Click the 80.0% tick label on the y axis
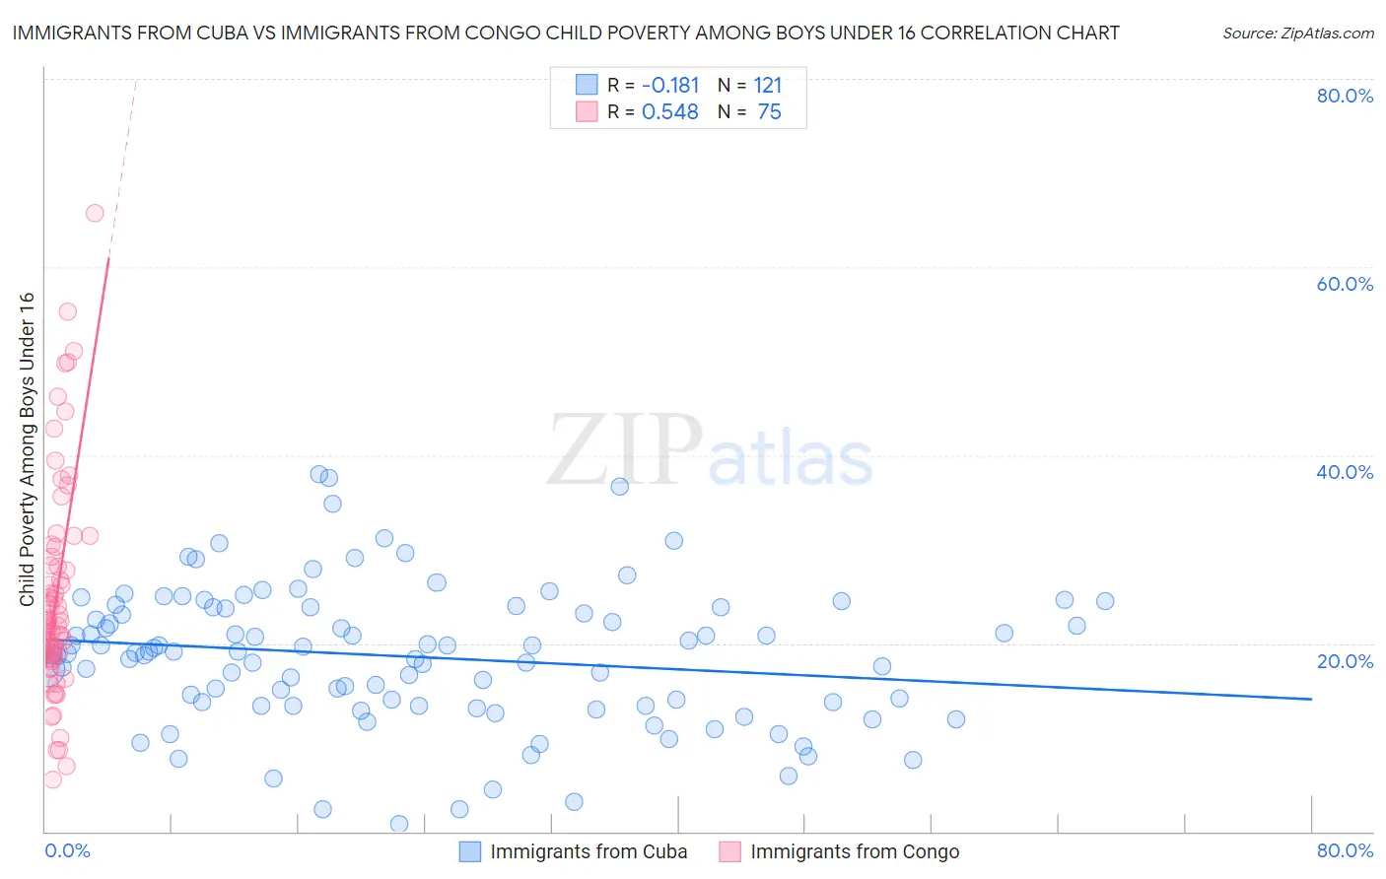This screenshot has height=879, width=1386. pyautogui.click(x=1345, y=96)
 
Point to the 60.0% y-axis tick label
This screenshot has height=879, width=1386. pyautogui.click(x=1345, y=284)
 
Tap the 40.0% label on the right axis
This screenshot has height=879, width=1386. pyautogui.click(x=1345, y=472)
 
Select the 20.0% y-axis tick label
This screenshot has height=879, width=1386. pyautogui.click(x=1345, y=660)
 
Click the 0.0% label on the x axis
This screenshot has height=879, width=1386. pyautogui.click(x=67, y=850)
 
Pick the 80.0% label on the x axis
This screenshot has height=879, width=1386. pyautogui.click(x=1345, y=850)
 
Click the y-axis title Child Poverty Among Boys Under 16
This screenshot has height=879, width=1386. pyautogui.click(x=27, y=449)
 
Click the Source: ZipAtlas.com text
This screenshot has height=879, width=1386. pyautogui.click(x=1297, y=33)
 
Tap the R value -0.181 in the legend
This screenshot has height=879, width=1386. pyautogui.click(x=670, y=86)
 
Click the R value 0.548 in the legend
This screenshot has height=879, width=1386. pyautogui.click(x=670, y=112)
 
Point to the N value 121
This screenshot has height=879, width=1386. pyautogui.click(x=768, y=86)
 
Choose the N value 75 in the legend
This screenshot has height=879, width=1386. pyautogui.click(x=769, y=112)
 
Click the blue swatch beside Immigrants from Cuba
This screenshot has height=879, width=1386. pyautogui.click(x=470, y=851)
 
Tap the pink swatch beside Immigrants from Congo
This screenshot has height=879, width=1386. pyautogui.click(x=729, y=851)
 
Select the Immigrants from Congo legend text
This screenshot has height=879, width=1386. pyautogui.click(x=855, y=851)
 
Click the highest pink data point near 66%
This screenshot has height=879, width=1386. pyautogui.click(x=95, y=213)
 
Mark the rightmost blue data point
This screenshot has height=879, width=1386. pyautogui.click(x=1105, y=601)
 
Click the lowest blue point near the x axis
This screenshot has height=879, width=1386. pyautogui.click(x=399, y=824)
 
